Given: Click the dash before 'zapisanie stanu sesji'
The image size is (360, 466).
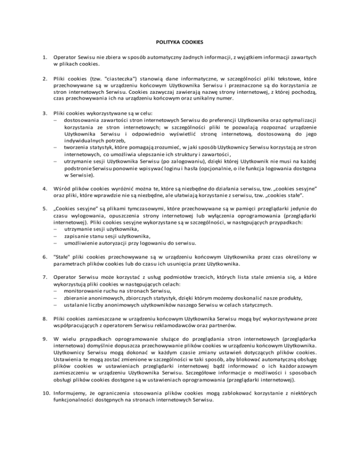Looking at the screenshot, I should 56,236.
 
